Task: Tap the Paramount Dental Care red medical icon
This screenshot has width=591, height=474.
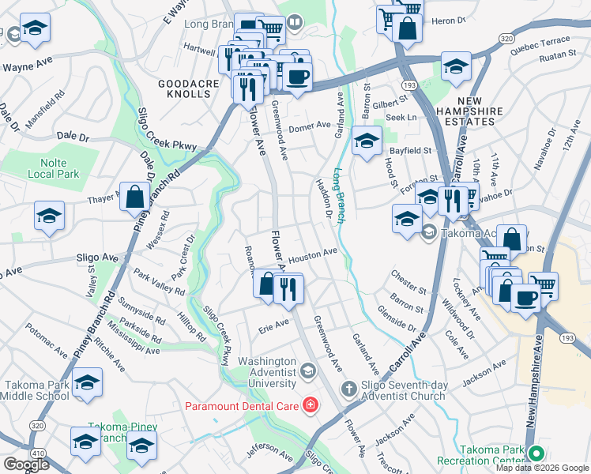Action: point(311,406)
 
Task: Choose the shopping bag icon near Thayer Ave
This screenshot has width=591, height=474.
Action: point(134,197)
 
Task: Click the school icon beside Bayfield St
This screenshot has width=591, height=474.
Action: point(367,141)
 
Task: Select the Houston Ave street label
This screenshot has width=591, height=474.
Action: point(313,256)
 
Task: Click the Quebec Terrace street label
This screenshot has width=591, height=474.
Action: point(540,42)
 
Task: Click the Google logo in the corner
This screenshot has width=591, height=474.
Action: point(26,465)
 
